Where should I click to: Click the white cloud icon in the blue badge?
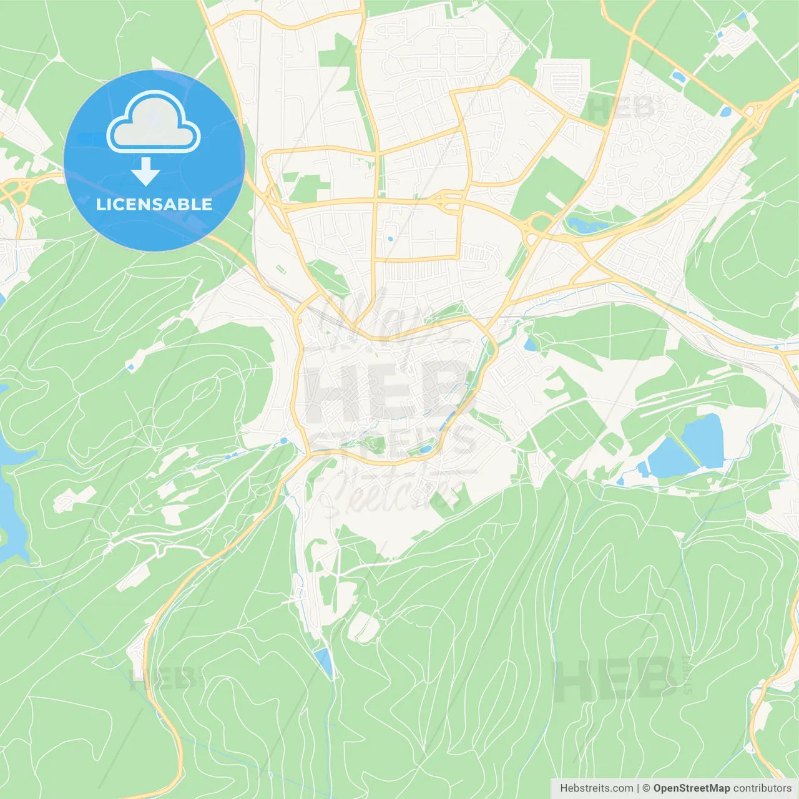(x=154, y=122)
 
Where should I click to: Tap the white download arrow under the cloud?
(x=146, y=172)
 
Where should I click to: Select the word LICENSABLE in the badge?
(x=154, y=204)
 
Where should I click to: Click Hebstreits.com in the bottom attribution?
(x=596, y=788)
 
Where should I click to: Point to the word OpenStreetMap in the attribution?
(x=692, y=788)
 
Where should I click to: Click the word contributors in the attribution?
(x=762, y=788)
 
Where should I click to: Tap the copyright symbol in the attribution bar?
(x=646, y=788)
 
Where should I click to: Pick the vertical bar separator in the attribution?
(x=638, y=788)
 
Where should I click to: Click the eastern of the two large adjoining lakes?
(x=704, y=440)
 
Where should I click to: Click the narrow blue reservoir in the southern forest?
(x=324, y=663)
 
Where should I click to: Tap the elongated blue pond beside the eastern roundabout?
(x=587, y=225)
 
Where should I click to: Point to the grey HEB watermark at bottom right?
(x=615, y=679)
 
